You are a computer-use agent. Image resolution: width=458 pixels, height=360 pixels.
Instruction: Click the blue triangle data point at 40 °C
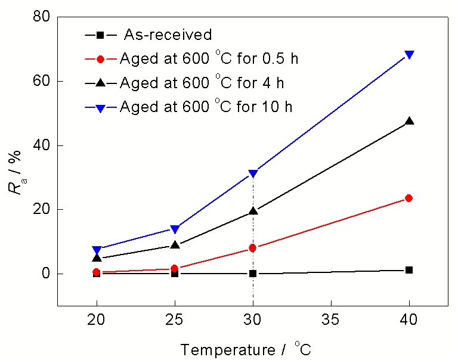click(x=409, y=55)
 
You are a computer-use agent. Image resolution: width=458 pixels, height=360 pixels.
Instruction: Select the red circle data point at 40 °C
click(x=409, y=198)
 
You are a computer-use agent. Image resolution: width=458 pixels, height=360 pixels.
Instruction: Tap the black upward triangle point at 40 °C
click(x=409, y=121)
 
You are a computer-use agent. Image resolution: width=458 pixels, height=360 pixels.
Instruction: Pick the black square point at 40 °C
click(x=409, y=270)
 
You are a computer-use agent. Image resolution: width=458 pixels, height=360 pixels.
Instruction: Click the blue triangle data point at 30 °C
click(x=253, y=173)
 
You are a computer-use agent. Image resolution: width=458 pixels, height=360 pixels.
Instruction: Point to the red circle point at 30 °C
click(x=253, y=248)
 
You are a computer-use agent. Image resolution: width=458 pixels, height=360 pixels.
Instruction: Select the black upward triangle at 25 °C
click(x=175, y=244)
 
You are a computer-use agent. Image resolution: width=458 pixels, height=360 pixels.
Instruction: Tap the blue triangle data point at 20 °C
click(x=97, y=250)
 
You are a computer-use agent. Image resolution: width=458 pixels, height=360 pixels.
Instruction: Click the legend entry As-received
click(x=168, y=35)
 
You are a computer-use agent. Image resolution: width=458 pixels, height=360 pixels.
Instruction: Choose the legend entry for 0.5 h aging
click(x=203, y=58)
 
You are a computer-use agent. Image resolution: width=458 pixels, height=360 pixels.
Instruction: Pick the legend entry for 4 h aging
click(x=197, y=82)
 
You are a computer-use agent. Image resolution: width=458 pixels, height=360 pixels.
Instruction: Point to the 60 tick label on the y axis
click(x=41, y=81)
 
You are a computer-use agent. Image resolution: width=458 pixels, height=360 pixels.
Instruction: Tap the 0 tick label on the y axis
click(x=44, y=274)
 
